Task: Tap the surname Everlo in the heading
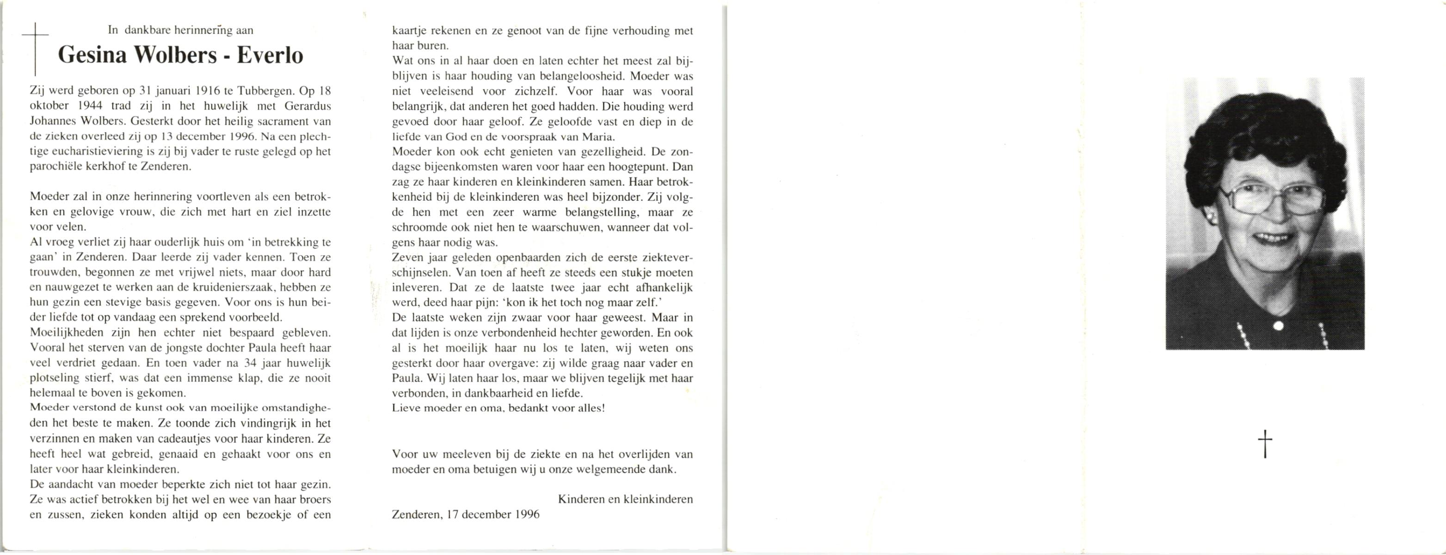(270, 55)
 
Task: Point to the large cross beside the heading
(35, 49)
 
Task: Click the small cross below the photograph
(1265, 444)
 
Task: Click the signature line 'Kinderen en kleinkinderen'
(625, 499)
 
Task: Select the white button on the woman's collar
(1279, 325)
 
